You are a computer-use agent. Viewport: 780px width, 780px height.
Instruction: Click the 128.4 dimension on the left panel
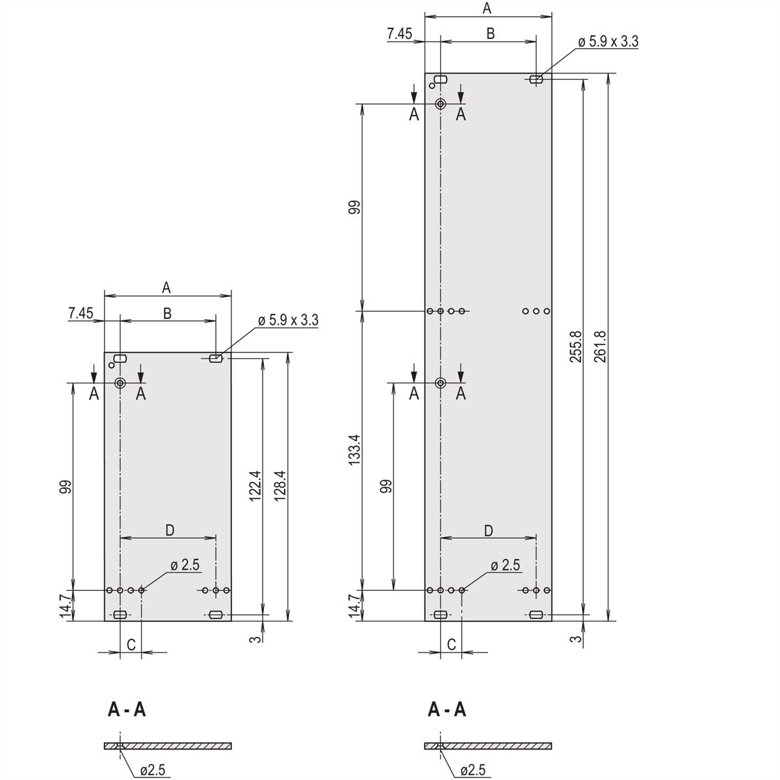coord(280,486)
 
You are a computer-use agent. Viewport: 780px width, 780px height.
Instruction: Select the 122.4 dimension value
coord(255,486)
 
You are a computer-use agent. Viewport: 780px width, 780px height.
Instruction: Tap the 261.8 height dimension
coord(601,346)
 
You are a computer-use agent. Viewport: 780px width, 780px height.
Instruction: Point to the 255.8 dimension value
coord(576,346)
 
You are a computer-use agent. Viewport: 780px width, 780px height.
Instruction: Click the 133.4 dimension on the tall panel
coord(354,449)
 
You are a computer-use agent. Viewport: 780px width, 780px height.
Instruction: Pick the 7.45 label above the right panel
coord(400,34)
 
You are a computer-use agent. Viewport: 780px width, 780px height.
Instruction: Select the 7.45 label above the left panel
coord(81,313)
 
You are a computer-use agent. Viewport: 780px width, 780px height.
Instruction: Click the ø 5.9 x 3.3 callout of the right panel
coord(608,42)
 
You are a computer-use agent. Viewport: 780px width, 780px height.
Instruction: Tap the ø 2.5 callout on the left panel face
coord(185,565)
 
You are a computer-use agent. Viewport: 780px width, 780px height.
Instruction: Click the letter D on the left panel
coord(170,530)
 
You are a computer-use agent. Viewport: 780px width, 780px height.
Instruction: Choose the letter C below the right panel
coord(451,644)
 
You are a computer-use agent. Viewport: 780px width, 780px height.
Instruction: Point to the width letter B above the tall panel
coord(490,33)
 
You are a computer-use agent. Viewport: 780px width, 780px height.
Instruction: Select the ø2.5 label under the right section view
coord(473,770)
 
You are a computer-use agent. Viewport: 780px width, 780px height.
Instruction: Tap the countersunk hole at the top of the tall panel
coord(441,104)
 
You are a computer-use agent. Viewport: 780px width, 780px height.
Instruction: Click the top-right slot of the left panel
coord(216,359)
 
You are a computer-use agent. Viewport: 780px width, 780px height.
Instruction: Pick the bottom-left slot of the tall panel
coord(440,615)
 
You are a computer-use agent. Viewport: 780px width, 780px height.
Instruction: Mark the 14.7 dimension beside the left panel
coord(66,606)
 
